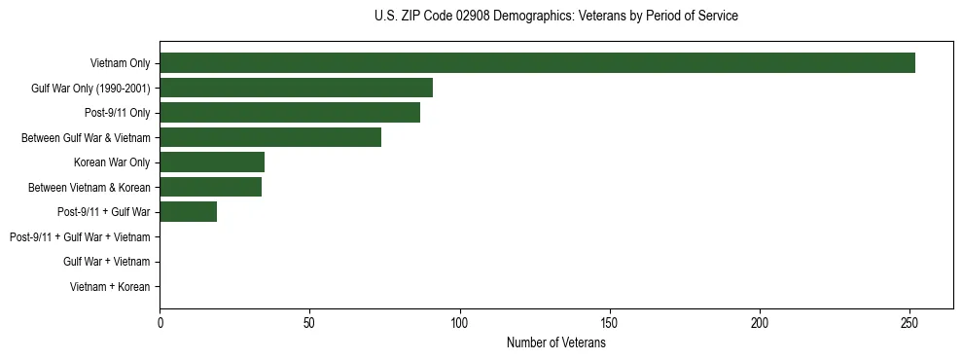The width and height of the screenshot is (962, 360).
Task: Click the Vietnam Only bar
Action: coord(537,63)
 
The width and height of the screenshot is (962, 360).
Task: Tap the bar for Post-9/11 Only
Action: coord(290,113)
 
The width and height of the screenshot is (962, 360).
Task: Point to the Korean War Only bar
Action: coord(212,162)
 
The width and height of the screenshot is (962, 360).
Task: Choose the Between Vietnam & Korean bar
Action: coord(210,187)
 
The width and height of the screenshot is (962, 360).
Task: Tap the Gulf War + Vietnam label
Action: coord(106,262)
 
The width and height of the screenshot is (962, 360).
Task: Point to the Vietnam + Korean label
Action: coord(110,286)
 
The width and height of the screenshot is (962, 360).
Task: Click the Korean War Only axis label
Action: coord(112,162)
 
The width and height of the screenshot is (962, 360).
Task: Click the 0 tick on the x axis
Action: coord(160,322)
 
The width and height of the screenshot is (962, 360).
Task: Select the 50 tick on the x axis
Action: coord(309,322)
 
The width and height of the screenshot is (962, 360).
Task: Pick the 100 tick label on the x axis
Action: coord(459,322)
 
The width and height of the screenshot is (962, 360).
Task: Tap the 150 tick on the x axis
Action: coord(609,322)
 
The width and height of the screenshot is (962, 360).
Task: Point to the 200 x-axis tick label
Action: coord(760,322)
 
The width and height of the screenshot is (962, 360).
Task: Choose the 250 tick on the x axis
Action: coord(909,322)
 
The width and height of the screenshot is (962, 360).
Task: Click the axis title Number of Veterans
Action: coord(555,342)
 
